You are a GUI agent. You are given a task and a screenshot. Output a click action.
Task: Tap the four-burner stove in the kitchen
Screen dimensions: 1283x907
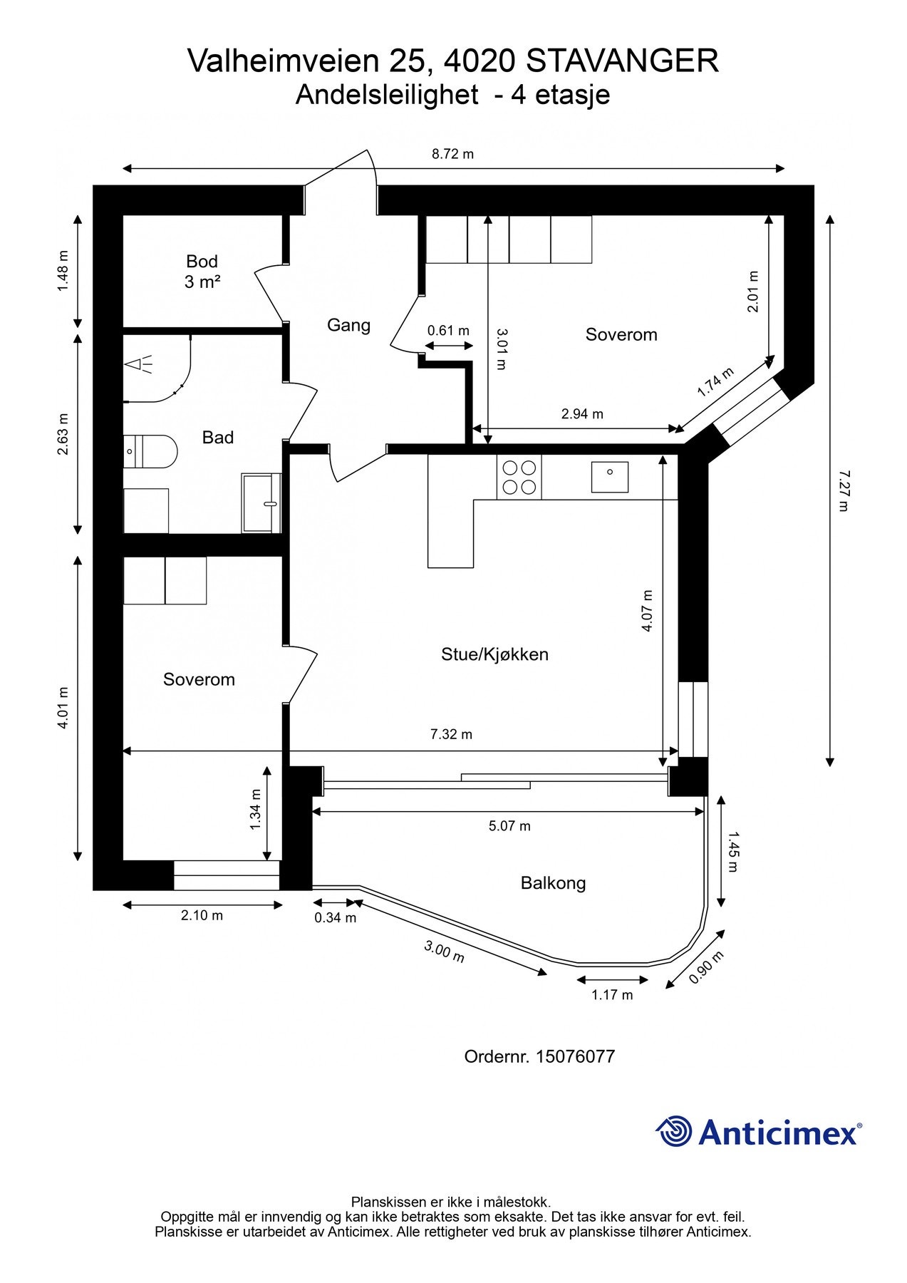pyautogui.click(x=519, y=478)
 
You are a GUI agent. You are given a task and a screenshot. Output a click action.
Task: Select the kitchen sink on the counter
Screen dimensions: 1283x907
pyautogui.click(x=610, y=477)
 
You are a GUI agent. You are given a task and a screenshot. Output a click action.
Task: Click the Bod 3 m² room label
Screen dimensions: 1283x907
pyautogui.click(x=202, y=272)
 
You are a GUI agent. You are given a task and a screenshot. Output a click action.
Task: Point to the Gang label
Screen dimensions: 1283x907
pyautogui.click(x=348, y=325)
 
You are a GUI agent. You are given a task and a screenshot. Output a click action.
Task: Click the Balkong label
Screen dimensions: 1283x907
pyautogui.click(x=553, y=883)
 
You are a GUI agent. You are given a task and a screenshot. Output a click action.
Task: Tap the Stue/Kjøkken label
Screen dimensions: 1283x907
pyautogui.click(x=494, y=654)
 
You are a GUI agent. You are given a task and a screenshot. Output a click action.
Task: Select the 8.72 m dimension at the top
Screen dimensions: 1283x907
pyautogui.click(x=452, y=154)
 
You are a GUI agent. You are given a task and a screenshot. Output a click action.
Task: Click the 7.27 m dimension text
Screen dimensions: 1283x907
pyautogui.click(x=843, y=490)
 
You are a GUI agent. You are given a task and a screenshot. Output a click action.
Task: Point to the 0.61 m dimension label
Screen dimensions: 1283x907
pyautogui.click(x=448, y=331)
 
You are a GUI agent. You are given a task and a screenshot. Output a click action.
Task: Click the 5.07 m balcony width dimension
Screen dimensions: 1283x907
pyautogui.click(x=509, y=826)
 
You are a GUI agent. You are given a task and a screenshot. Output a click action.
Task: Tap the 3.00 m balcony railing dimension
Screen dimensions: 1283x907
pyautogui.click(x=444, y=952)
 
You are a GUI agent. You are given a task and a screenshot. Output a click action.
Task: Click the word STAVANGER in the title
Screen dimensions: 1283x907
pyautogui.click(x=622, y=61)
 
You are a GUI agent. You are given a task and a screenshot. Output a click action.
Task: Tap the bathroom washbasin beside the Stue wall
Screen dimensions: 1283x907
pyautogui.click(x=261, y=503)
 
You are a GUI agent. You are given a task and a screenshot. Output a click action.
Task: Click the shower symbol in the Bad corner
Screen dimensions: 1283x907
pyautogui.click(x=140, y=364)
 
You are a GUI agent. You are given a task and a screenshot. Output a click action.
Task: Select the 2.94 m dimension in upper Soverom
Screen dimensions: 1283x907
pyautogui.click(x=582, y=414)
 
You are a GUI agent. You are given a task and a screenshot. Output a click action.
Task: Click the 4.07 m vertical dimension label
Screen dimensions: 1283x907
pyautogui.click(x=647, y=611)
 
